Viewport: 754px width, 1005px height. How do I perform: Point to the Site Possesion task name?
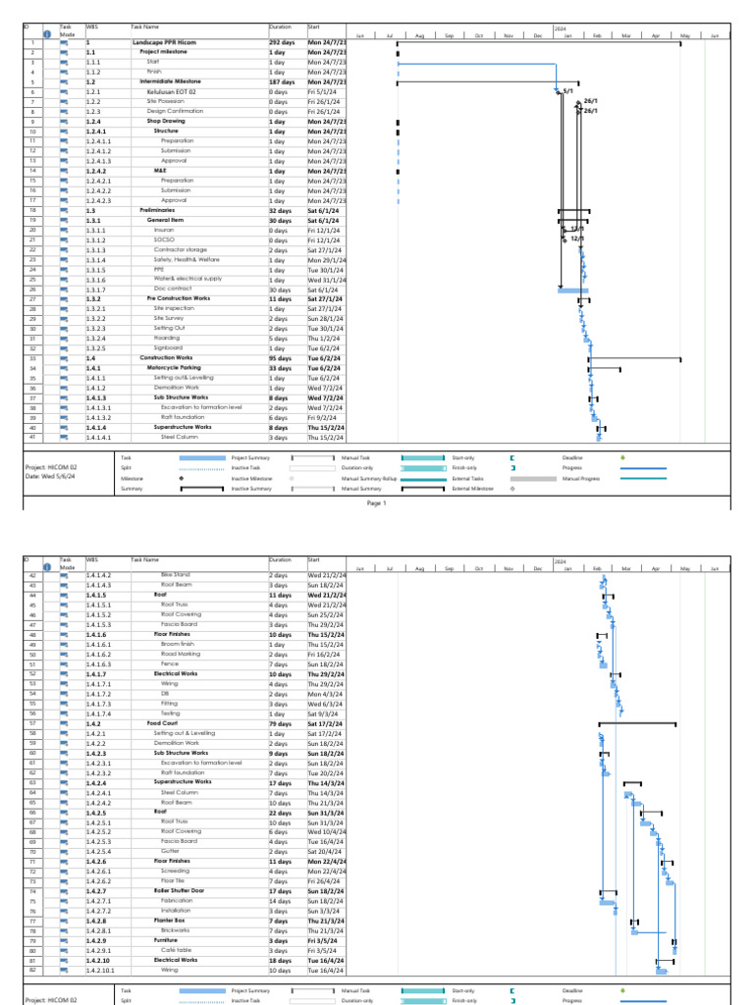[166, 101]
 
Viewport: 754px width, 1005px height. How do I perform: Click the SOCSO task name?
[165, 239]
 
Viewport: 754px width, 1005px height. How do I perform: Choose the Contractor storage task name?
[181, 249]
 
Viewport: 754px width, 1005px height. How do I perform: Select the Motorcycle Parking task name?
[177, 368]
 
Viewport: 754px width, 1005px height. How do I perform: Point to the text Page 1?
[377, 502]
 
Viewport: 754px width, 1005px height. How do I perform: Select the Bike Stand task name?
[175, 575]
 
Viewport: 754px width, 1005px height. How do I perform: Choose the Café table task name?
[176, 950]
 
